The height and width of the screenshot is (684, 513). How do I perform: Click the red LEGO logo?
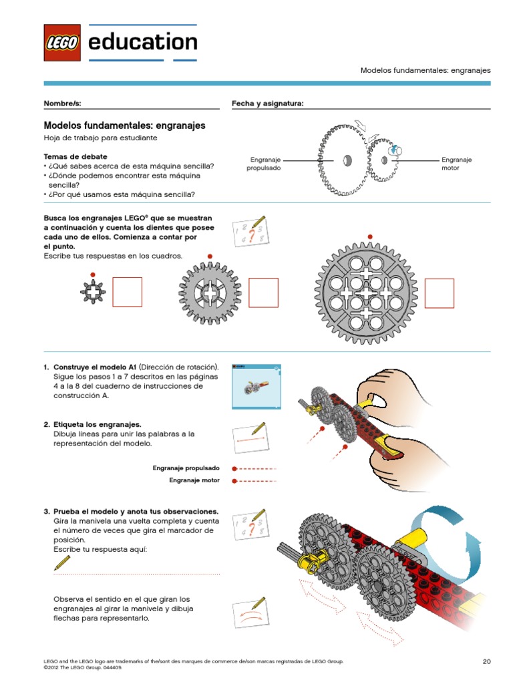point(62,43)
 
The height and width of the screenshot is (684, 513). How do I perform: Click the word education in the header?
point(142,42)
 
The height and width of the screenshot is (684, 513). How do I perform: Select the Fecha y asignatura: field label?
point(267,104)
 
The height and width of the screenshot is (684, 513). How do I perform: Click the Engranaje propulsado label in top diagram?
point(264,164)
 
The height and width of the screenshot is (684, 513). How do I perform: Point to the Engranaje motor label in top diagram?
point(456,164)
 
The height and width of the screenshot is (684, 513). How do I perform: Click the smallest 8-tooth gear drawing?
point(93,291)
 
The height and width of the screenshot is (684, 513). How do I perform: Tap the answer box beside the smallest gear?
point(127,292)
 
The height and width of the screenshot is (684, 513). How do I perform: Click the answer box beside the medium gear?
point(263,292)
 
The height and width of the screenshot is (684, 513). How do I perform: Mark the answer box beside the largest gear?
point(439,293)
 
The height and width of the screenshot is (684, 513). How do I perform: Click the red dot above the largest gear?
point(369,236)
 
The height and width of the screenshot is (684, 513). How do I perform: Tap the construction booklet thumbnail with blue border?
point(256,387)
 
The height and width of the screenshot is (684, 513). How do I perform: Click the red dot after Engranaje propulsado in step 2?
point(234,468)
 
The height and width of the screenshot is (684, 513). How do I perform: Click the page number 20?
point(486,661)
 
